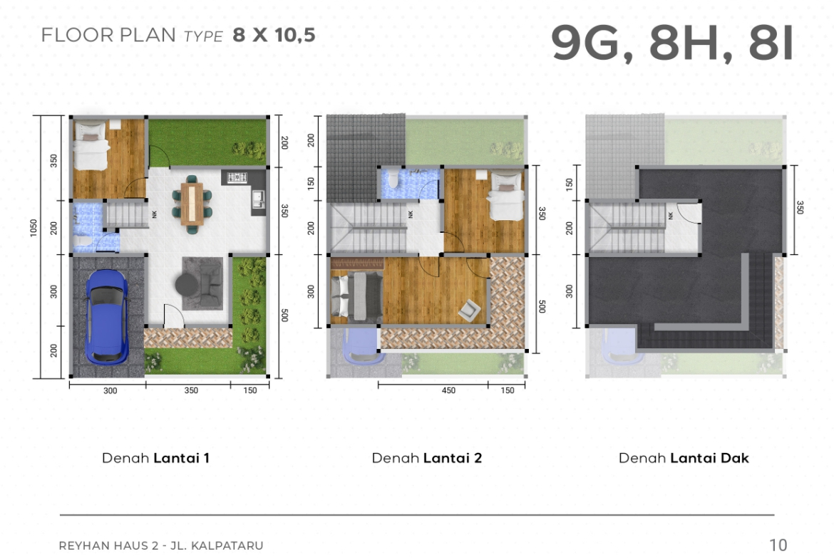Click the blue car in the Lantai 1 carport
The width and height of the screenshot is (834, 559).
click(x=107, y=317)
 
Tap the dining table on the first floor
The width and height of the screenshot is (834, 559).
click(x=192, y=204)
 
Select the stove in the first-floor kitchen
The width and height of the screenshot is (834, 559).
click(x=237, y=177)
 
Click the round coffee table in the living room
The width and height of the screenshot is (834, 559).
click(x=185, y=283)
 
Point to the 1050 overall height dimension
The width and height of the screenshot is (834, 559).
click(x=34, y=229)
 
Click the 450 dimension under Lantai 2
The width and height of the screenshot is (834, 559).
click(x=448, y=390)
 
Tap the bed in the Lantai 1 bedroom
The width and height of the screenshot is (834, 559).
click(x=91, y=145)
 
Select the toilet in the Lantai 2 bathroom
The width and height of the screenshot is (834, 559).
click(x=393, y=179)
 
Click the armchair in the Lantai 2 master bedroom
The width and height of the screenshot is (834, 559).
click(x=470, y=310)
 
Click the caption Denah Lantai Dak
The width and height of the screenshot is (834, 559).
click(x=684, y=458)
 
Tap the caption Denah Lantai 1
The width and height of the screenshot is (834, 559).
click(x=155, y=458)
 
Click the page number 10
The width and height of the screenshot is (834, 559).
click(x=778, y=545)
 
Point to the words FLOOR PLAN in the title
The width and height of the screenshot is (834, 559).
click(x=108, y=35)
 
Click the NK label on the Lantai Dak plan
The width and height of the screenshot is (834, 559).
click(x=670, y=215)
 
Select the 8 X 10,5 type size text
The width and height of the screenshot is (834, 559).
click(x=274, y=35)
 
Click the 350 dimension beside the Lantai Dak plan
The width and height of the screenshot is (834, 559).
click(x=799, y=207)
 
